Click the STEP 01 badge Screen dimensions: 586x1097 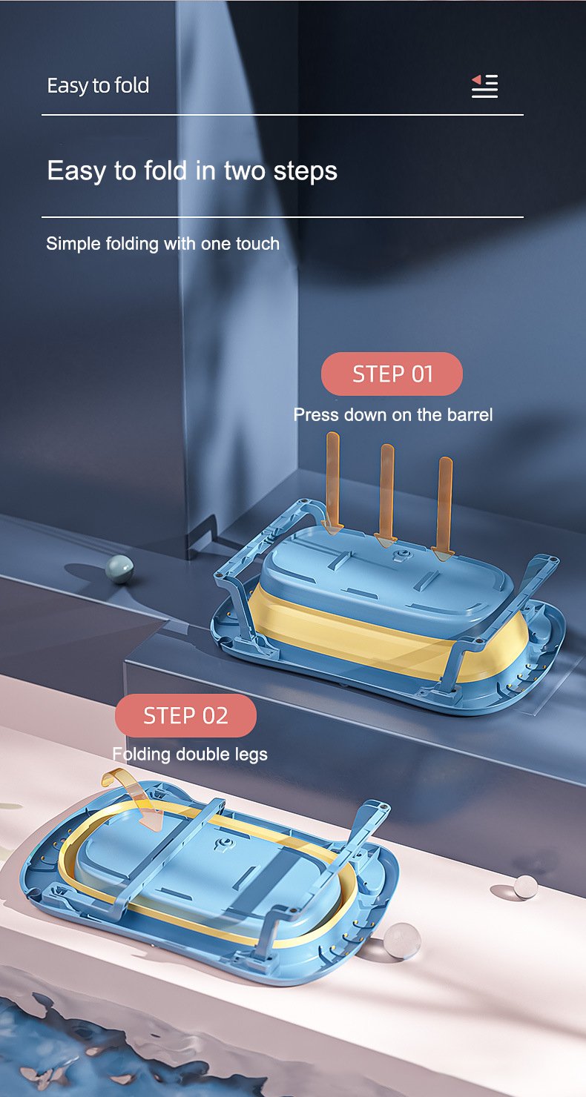[x=392, y=374]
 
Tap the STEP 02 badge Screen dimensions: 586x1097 [x=185, y=715]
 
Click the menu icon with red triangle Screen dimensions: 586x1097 [x=484, y=86]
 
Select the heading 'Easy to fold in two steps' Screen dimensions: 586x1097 [x=192, y=171]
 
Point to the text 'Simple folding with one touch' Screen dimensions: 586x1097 [x=162, y=243]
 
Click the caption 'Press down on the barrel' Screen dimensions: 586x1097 [x=393, y=415]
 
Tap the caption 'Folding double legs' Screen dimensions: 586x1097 [x=190, y=754]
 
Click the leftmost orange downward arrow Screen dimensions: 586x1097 [x=333, y=483]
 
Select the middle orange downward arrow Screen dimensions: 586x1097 [x=386, y=496]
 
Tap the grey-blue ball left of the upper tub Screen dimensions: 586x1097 [x=119, y=569]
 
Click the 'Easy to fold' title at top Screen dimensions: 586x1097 [x=98, y=86]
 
